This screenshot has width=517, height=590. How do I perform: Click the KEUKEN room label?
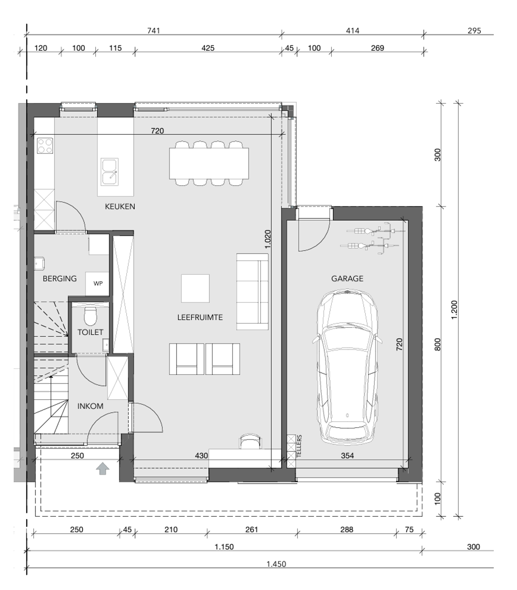[120, 206]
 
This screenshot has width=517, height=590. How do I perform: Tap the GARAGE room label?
[347, 278]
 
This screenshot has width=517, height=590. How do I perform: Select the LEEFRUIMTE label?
[200, 318]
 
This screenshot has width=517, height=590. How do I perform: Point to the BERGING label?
[59, 278]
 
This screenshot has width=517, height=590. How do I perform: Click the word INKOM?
[90, 406]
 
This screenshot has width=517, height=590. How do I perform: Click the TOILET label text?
[90, 332]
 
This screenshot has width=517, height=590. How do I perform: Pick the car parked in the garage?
[347, 366]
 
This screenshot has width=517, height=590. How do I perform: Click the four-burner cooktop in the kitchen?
[45, 146]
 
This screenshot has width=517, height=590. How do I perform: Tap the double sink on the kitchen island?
[110, 171]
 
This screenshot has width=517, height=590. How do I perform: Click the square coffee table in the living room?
[195, 288]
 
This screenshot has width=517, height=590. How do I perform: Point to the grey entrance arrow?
[102, 469]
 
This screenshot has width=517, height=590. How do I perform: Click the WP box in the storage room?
[98, 284]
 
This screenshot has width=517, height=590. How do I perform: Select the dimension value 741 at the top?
[154, 30]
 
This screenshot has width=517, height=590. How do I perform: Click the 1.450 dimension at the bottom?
[276, 564]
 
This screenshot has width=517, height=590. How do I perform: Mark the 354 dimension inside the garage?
[347, 456]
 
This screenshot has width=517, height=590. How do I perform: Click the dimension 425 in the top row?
[208, 48]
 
